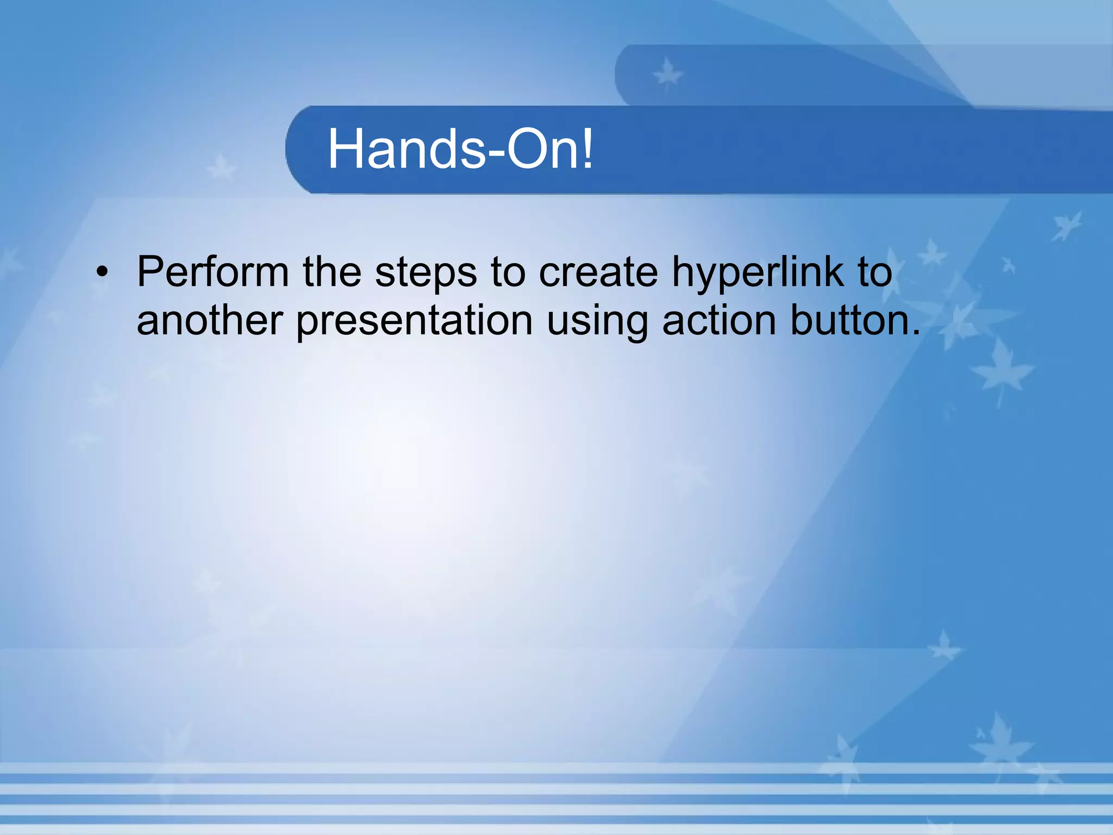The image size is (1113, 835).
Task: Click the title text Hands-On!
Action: tap(460, 149)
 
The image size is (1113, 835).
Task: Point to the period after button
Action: tap(916, 332)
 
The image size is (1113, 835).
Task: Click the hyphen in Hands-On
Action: tap(496, 153)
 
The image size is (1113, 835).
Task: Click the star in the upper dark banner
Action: tap(667, 74)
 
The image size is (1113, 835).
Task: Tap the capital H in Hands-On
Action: tap(346, 148)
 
